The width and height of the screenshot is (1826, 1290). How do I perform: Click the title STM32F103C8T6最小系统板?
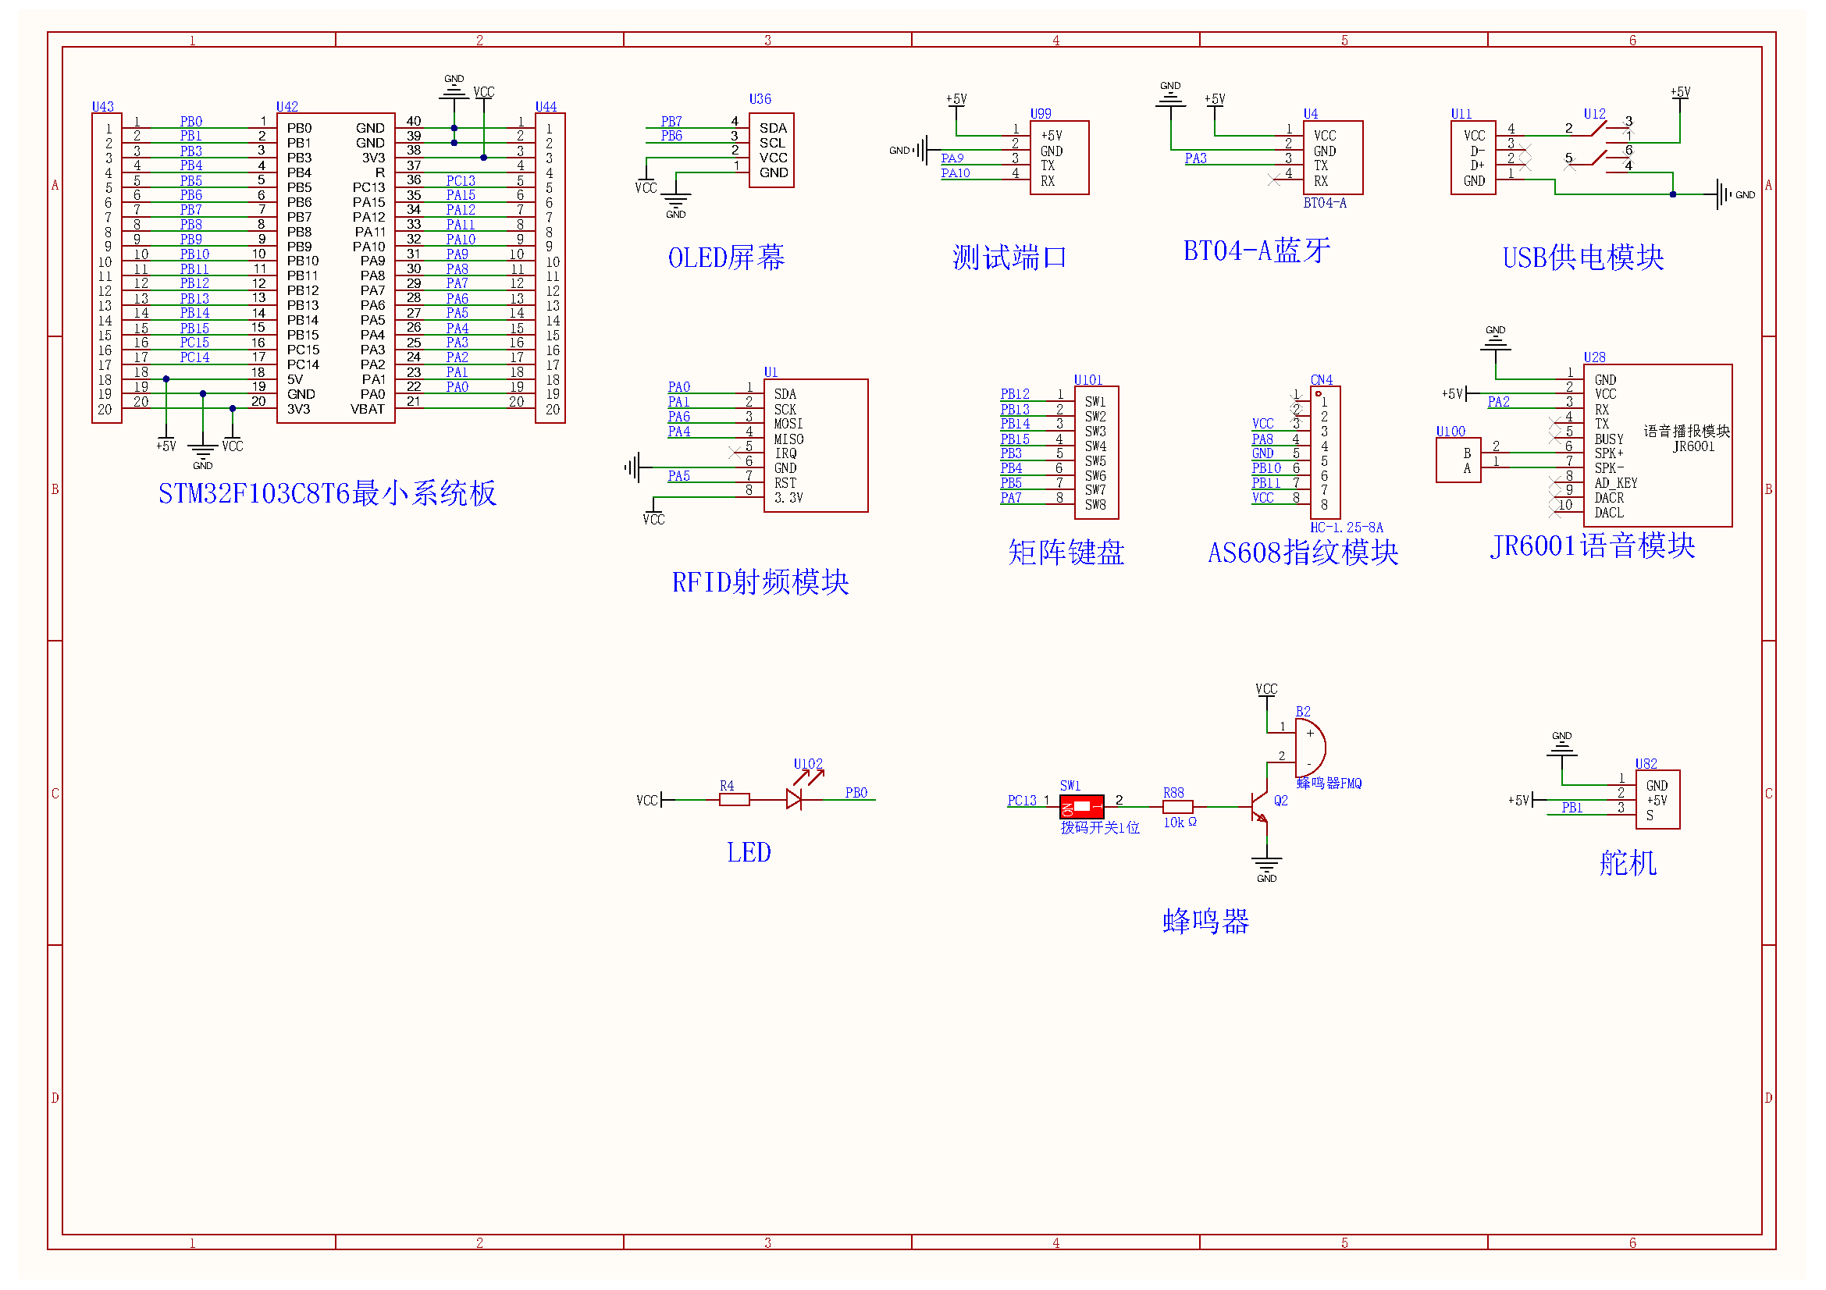point(327,493)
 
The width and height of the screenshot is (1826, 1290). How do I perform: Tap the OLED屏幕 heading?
point(726,258)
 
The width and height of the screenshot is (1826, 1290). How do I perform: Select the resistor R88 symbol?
point(1177,807)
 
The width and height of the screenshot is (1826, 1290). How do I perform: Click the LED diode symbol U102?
point(794,799)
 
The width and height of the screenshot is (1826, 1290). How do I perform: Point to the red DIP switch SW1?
point(1081,807)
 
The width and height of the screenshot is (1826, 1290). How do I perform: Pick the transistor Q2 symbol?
point(1259,807)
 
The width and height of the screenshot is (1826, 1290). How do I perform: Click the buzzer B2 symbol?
point(1309,748)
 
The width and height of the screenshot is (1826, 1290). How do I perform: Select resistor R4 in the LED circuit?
point(734,800)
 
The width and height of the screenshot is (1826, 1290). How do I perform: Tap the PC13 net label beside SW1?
point(1021,801)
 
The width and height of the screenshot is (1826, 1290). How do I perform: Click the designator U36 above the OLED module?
point(760,99)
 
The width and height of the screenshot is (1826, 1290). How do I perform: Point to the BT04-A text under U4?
point(1324,203)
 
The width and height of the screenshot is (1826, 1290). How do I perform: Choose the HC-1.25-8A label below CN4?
point(1347,528)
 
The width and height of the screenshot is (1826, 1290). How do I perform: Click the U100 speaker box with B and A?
point(1458,460)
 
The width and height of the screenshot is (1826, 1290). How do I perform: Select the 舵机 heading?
point(1628,863)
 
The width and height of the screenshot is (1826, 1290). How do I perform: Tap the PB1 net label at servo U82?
point(1571,808)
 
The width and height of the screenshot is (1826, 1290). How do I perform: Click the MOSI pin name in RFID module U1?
point(788,424)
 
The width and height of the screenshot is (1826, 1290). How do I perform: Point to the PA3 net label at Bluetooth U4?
point(1195,158)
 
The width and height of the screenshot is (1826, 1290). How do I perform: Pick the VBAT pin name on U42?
point(368,410)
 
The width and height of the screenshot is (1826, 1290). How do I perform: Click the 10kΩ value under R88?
point(1180,823)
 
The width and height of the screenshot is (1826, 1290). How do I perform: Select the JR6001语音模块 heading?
point(1592,545)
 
